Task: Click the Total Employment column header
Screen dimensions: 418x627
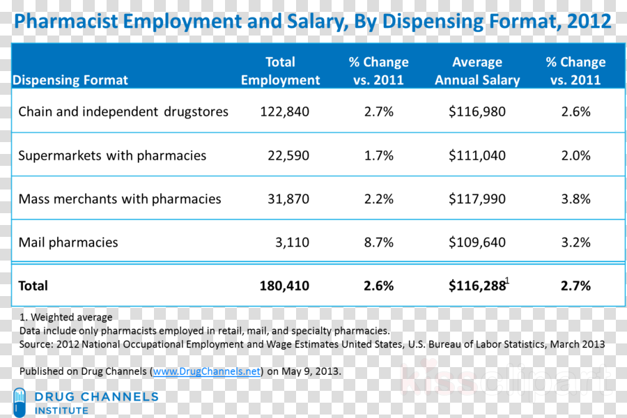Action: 280,71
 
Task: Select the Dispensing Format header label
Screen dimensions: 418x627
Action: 70,80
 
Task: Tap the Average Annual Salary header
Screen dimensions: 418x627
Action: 477,71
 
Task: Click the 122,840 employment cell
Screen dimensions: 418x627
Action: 284,111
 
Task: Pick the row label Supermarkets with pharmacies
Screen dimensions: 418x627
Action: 112,155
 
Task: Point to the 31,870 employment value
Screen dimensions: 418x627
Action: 288,199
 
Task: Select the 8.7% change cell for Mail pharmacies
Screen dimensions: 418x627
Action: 379,242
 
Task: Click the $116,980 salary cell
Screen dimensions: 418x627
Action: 477,111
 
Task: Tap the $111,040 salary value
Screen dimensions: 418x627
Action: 477,155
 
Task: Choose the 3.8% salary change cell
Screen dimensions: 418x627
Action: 575,199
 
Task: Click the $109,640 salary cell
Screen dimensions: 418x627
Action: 477,242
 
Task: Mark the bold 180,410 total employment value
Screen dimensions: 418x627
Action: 284,286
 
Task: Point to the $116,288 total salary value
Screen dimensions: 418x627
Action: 477,286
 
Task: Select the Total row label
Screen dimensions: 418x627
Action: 33,286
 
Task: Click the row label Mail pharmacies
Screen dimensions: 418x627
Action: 68,242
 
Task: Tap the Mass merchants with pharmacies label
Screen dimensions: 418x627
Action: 120,199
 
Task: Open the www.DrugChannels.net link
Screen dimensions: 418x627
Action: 207,371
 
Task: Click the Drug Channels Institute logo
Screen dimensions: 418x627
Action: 86,403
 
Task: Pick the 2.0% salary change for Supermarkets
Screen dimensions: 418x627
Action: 575,155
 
